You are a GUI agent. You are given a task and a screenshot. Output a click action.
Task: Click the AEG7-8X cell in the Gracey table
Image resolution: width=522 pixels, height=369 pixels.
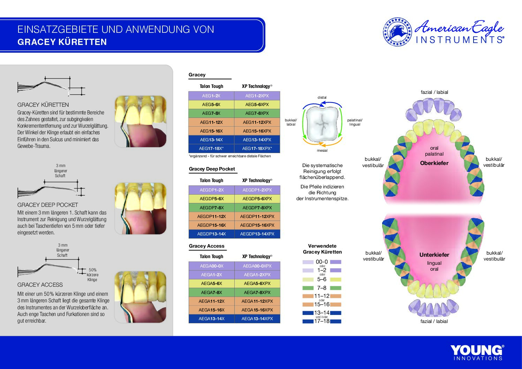click(211, 113)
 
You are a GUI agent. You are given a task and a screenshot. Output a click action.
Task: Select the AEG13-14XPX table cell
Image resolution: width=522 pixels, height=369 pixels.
click(257, 140)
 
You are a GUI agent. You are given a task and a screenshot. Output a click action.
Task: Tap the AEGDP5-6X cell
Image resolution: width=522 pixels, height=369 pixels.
click(211, 199)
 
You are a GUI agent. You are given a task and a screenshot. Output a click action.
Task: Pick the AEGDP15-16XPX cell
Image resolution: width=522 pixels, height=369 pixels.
click(257, 225)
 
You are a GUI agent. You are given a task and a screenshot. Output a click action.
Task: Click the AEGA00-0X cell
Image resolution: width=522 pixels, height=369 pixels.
click(211, 266)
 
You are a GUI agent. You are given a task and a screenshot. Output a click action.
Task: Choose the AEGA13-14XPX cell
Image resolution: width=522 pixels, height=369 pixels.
click(257, 318)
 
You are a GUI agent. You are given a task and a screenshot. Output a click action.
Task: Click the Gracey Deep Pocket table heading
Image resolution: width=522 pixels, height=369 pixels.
click(212, 169)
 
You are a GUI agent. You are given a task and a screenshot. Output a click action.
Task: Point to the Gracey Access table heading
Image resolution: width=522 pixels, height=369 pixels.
click(206, 246)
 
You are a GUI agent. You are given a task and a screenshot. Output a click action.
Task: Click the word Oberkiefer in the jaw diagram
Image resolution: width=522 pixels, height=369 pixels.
click(434, 163)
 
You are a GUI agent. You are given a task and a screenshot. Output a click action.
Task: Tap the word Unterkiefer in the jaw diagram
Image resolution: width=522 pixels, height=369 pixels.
click(434, 255)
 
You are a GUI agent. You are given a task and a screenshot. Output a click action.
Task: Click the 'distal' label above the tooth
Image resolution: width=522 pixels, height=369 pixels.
click(322, 97)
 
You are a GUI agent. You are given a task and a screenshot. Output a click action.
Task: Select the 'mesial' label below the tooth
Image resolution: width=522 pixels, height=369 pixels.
click(322, 150)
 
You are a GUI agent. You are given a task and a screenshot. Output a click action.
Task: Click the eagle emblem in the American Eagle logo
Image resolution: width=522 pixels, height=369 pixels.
click(397, 32)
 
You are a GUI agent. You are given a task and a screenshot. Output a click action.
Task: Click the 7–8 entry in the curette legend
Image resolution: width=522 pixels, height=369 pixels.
click(321, 288)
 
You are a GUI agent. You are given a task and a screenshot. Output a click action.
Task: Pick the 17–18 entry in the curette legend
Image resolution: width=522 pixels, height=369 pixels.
click(321, 321)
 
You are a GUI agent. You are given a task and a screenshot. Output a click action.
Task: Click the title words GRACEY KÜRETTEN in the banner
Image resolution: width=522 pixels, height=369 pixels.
click(62, 42)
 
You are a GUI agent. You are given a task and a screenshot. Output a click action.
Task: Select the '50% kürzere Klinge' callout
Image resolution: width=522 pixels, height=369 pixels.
click(92, 275)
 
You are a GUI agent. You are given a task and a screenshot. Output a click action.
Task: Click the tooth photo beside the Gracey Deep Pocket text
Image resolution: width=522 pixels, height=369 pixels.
click(141, 209)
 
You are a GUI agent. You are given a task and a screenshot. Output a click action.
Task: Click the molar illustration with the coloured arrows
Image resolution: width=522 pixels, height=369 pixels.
click(322, 124)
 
